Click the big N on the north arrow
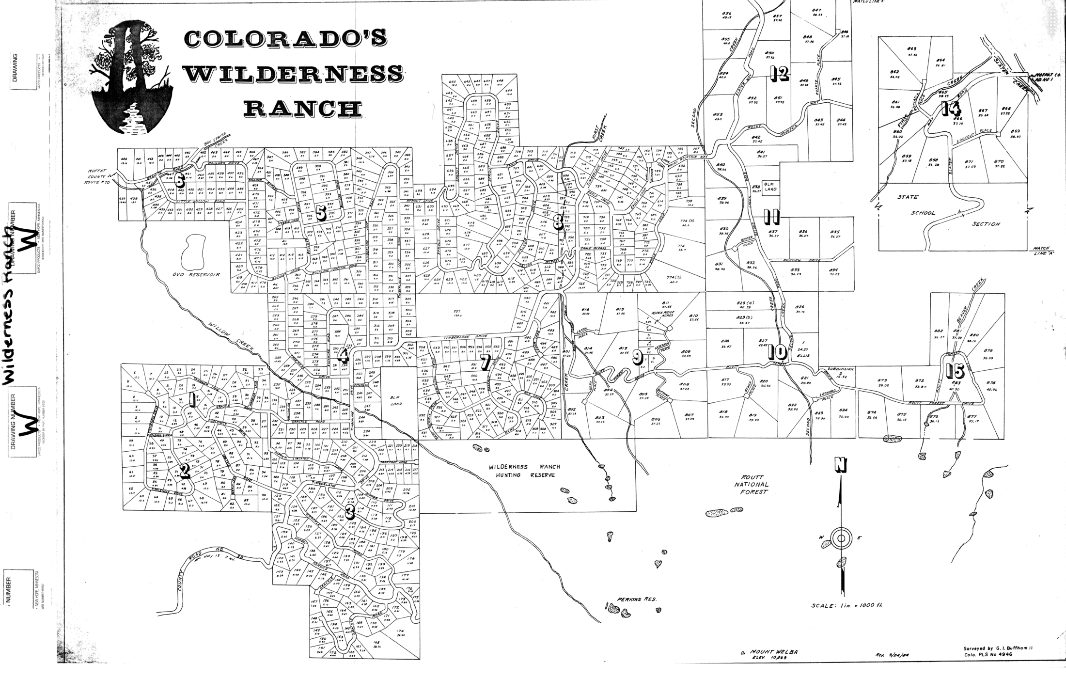[x=840, y=465]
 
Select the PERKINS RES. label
[x=636, y=600]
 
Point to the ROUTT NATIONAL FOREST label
[x=751, y=484]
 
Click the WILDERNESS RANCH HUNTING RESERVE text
[x=524, y=471]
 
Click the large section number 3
[x=349, y=510]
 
